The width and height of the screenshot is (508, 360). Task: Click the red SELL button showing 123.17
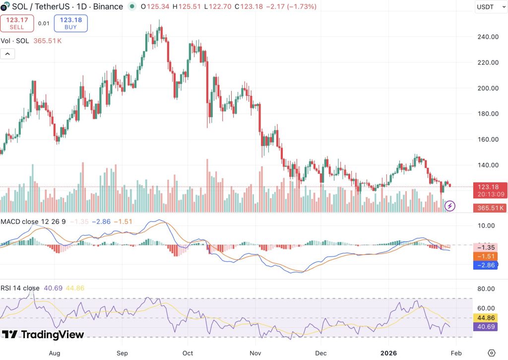(17, 23)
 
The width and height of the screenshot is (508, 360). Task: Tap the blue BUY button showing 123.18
(70, 23)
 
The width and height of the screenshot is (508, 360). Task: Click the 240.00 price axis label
(488, 37)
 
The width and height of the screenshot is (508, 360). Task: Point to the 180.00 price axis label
(488, 114)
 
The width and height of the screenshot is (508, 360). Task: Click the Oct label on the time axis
(188, 353)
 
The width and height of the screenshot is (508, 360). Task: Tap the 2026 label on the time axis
(388, 353)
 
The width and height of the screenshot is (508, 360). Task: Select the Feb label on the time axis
(456, 353)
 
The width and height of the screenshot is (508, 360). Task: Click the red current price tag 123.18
(490, 190)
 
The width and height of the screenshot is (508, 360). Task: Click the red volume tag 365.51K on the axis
(490, 208)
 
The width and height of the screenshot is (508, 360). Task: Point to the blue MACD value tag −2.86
(485, 265)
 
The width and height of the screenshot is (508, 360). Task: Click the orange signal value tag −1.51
(485, 257)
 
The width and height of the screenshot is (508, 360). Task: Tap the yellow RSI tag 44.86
(485, 318)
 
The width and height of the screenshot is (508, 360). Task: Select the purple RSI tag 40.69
(485, 327)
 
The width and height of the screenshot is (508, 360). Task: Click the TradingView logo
(43, 334)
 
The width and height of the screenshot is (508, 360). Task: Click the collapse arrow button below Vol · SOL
(7, 54)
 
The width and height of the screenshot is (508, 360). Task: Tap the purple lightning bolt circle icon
(449, 206)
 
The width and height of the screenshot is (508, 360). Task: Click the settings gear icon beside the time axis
(492, 353)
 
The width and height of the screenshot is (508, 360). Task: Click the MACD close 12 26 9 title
(33, 221)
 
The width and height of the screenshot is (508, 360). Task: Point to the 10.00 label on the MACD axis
(486, 226)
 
